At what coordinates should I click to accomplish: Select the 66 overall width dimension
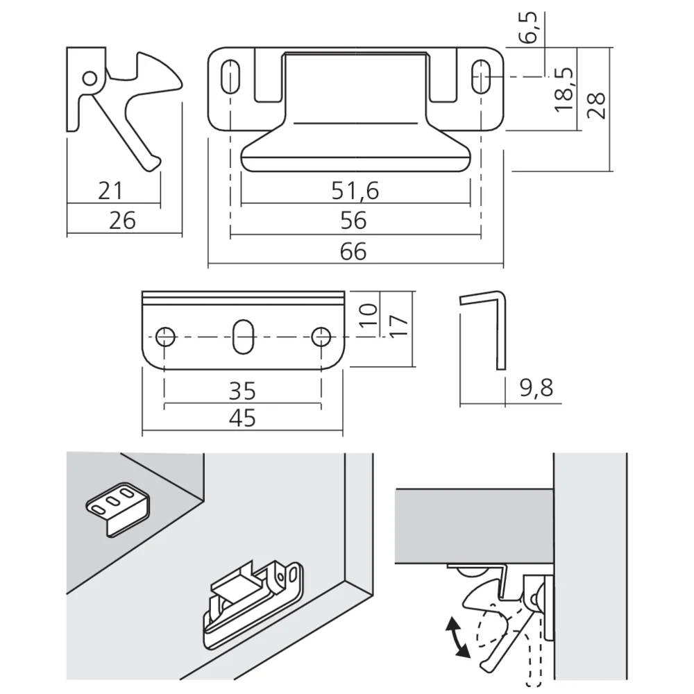click(x=353, y=251)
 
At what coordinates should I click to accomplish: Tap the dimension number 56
click(x=353, y=221)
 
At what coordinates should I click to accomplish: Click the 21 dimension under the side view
click(x=111, y=189)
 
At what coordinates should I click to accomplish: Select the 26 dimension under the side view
click(x=122, y=221)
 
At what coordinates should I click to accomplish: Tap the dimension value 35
click(x=242, y=391)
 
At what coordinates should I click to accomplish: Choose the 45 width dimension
click(x=242, y=418)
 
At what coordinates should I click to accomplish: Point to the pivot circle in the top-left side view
click(x=90, y=78)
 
